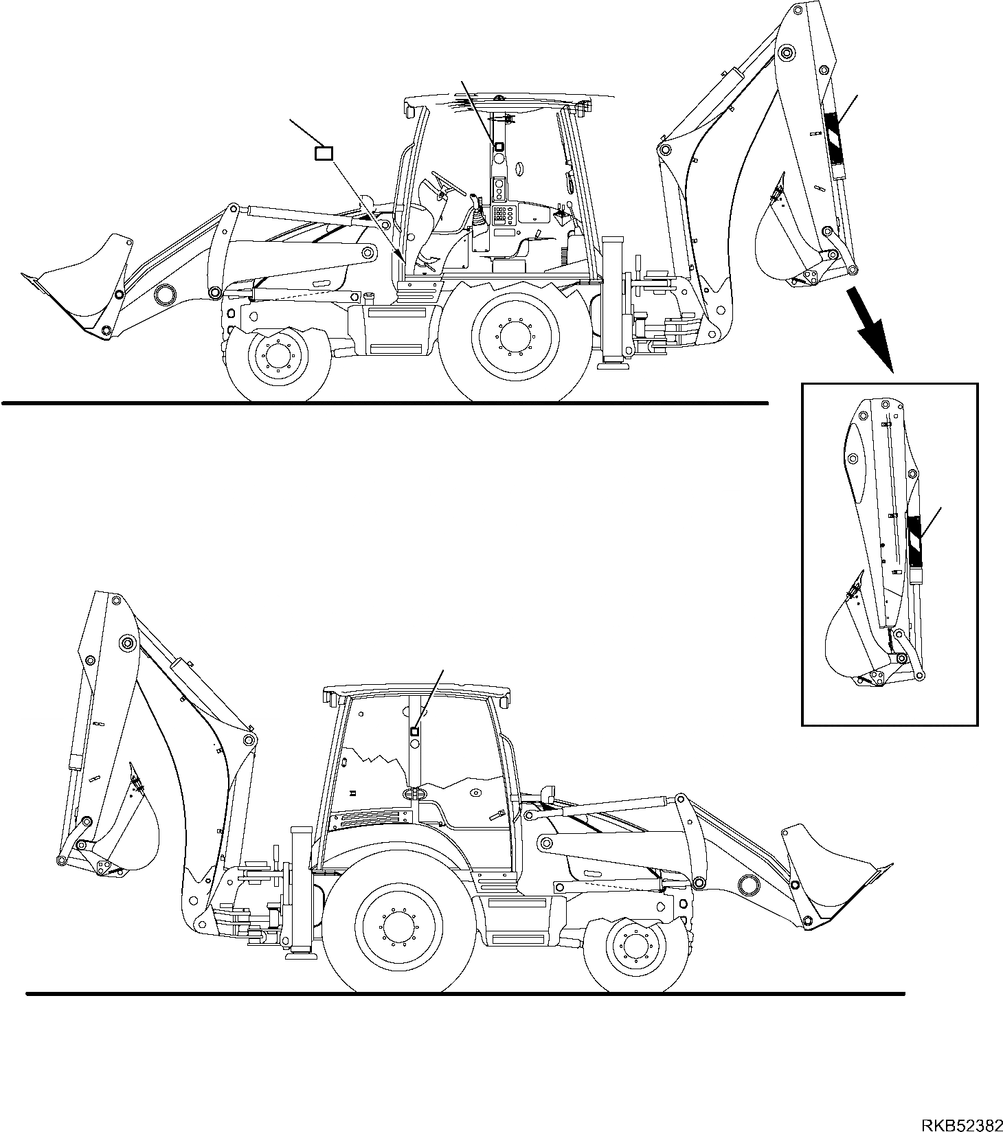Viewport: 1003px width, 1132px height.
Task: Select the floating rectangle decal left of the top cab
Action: coord(324,153)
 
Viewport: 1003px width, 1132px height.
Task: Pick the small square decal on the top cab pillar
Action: coord(499,146)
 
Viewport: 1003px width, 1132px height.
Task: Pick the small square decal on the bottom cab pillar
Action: coord(414,732)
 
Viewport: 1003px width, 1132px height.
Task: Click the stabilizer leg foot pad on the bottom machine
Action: coord(300,951)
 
